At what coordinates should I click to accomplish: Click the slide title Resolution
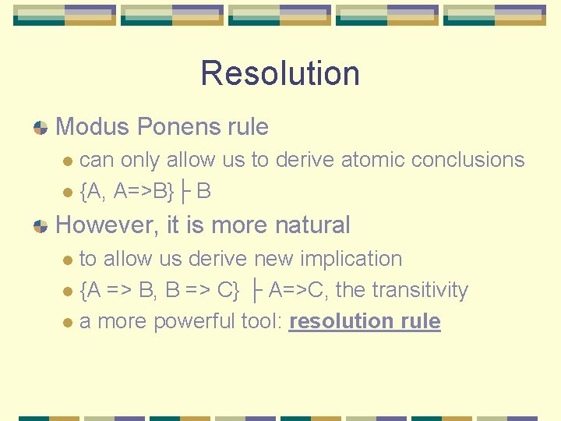[280, 73]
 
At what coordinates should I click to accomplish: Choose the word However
[108, 225]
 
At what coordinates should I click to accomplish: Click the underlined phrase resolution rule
[365, 321]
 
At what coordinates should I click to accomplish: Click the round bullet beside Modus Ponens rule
[41, 127]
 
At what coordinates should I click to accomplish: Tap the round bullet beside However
[41, 226]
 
